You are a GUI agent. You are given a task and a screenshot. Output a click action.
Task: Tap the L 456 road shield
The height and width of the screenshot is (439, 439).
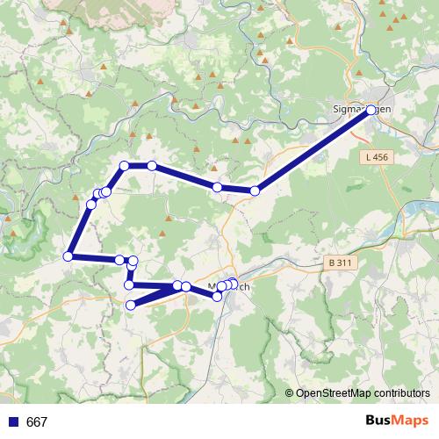pyautogui.click(x=374, y=157)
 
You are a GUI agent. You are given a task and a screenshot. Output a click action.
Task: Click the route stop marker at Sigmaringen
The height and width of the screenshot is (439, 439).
pyautogui.click(x=371, y=110)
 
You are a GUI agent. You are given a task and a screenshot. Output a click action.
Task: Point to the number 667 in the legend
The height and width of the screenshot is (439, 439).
pyautogui.click(x=37, y=422)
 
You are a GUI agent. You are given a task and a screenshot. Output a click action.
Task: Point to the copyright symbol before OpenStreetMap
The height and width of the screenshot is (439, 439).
pyautogui.click(x=290, y=394)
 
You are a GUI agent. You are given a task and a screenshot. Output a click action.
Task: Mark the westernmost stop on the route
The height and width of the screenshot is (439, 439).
pyautogui.click(x=68, y=256)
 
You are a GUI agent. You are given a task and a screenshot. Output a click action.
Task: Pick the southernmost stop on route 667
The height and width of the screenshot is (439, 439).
pyautogui.click(x=131, y=305)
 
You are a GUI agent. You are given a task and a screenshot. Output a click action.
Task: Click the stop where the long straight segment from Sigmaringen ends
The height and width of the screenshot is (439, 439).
pyautogui.click(x=255, y=191)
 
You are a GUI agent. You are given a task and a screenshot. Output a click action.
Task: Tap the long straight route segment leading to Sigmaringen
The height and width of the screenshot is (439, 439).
pyautogui.click(x=313, y=150)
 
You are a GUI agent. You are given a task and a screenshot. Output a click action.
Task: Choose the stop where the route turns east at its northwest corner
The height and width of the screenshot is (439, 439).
pyautogui.click(x=125, y=166)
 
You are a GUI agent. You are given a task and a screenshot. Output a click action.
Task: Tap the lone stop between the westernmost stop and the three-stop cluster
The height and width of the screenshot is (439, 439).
pyautogui.click(x=91, y=204)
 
